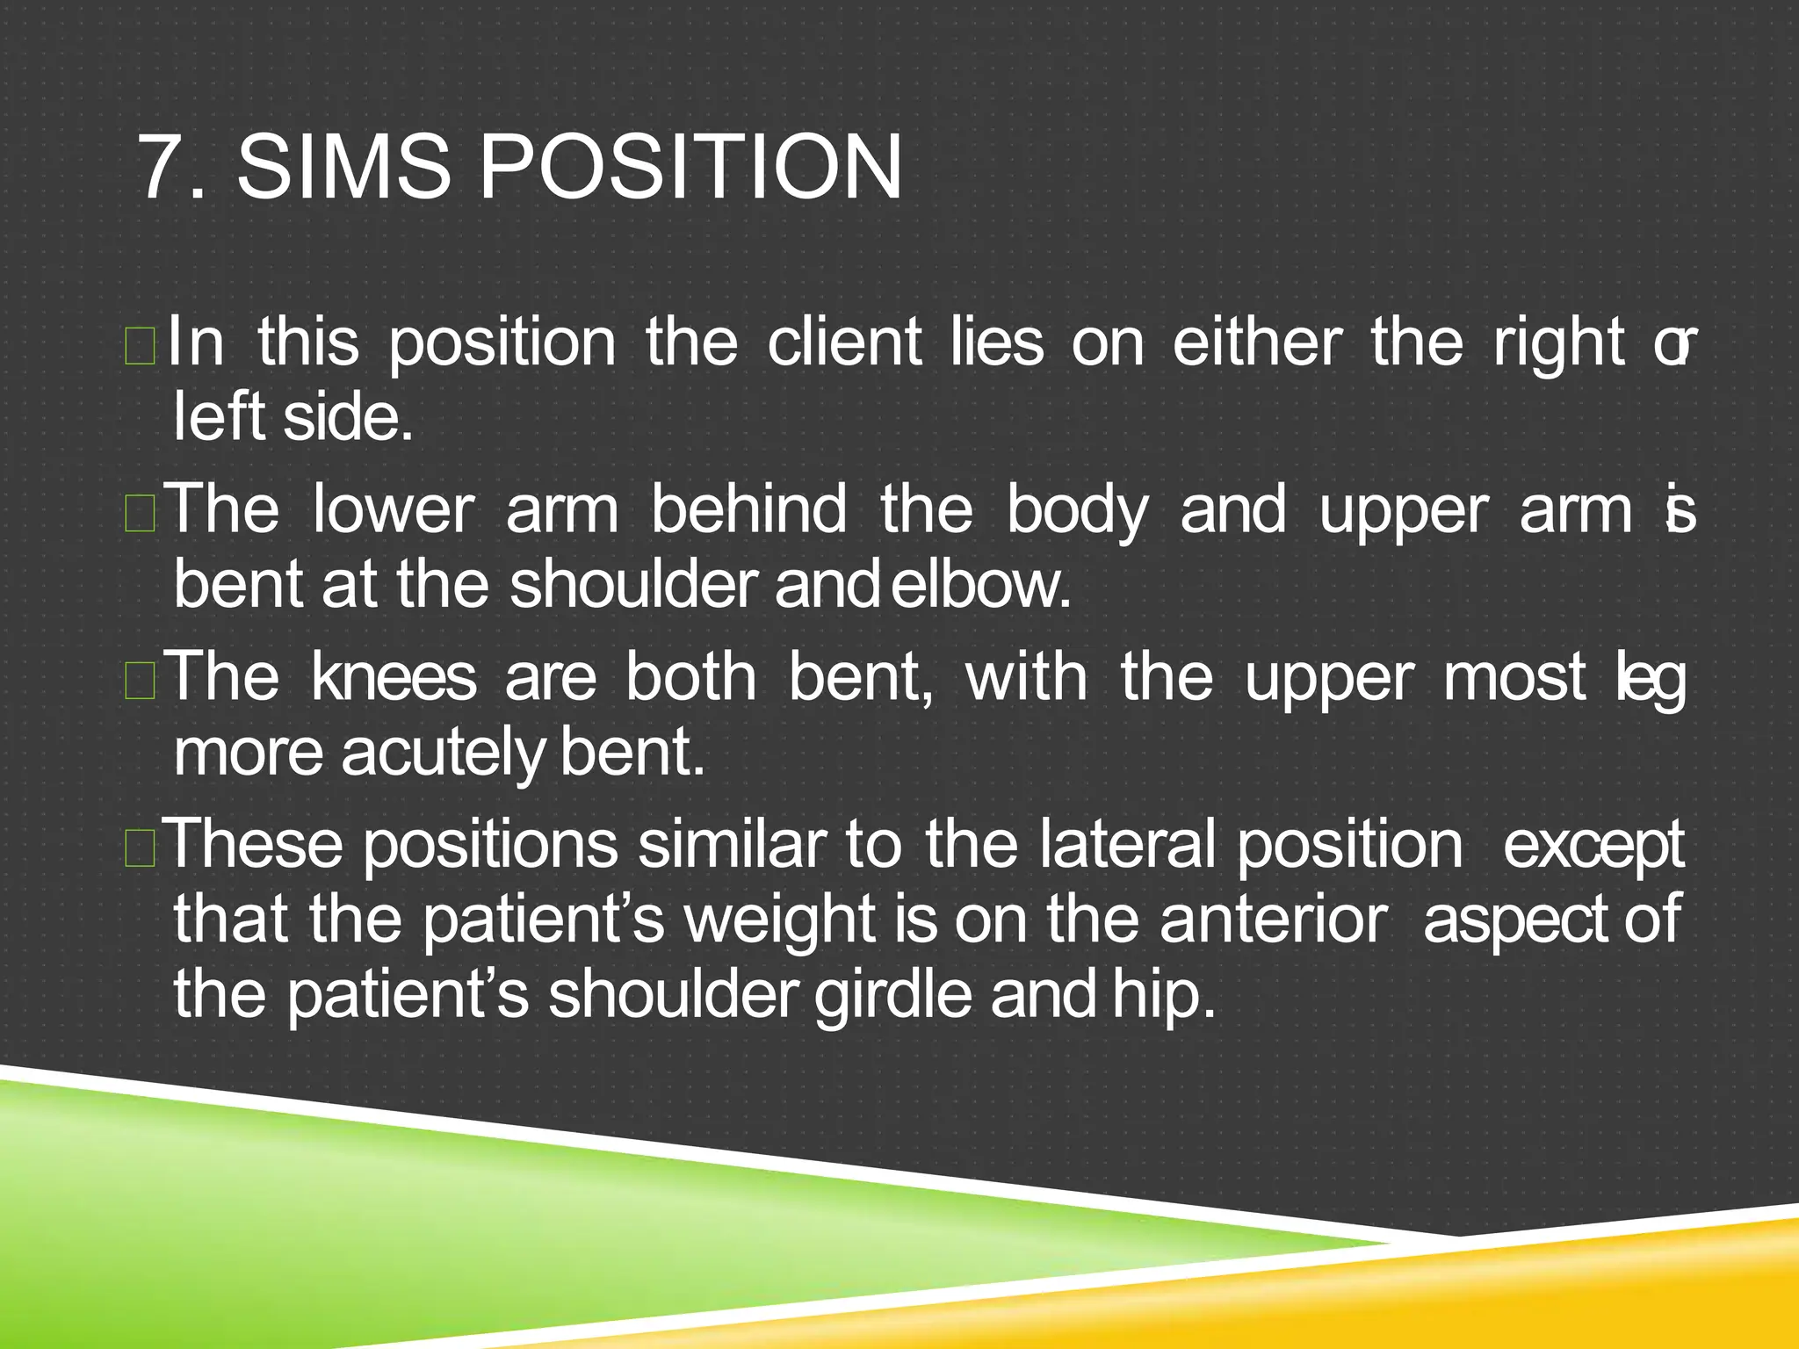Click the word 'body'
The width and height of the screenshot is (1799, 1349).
pyautogui.click(x=1077, y=511)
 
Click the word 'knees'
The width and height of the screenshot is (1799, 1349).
pyautogui.click(x=394, y=677)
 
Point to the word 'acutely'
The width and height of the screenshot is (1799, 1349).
pyautogui.click(x=443, y=754)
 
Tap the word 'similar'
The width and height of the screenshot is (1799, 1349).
pyautogui.click(x=732, y=844)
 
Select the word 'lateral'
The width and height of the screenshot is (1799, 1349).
pyautogui.click(x=1128, y=844)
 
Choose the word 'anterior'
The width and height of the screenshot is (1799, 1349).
pyautogui.click(x=1274, y=920)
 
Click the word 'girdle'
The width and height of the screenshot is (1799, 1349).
pyautogui.click(x=893, y=995)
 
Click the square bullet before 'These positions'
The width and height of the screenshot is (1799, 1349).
pyautogui.click(x=141, y=849)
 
